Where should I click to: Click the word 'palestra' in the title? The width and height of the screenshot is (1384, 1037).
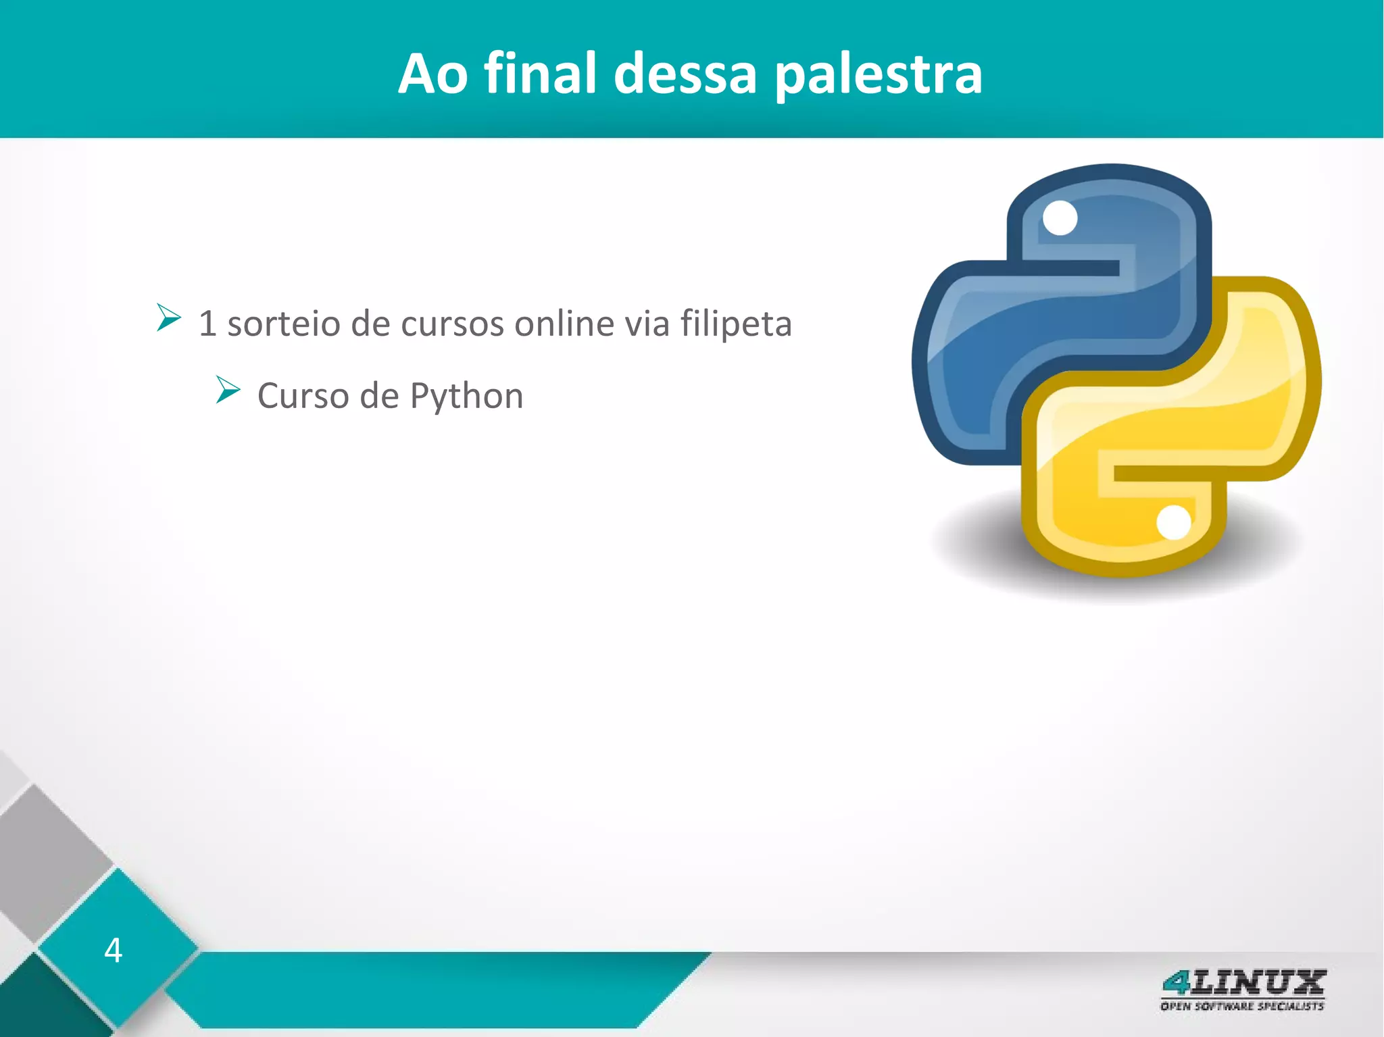pos(878,74)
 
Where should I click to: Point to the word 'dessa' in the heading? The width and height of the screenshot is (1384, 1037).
pos(685,74)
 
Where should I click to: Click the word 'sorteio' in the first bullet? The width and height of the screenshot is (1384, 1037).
pos(283,324)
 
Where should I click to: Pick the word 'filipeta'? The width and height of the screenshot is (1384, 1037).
pos(736,324)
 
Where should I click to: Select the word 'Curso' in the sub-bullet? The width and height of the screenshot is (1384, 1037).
pos(303,396)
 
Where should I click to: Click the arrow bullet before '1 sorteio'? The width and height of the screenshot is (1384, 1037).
pos(168,318)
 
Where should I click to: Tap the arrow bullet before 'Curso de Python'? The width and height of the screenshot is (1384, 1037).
pos(228,390)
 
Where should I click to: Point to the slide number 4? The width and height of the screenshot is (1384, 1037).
pos(113,950)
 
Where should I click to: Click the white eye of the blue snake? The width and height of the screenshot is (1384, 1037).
pos(1060,218)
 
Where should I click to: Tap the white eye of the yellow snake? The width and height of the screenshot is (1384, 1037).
pos(1174,523)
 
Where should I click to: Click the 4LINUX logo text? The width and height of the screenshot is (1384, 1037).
pos(1243,983)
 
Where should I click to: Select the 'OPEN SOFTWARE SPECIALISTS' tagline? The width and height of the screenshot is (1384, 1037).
pos(1242,1007)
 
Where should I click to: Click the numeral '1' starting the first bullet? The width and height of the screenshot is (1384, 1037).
pos(207,324)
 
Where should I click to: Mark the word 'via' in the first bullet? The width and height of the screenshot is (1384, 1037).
pos(647,324)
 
